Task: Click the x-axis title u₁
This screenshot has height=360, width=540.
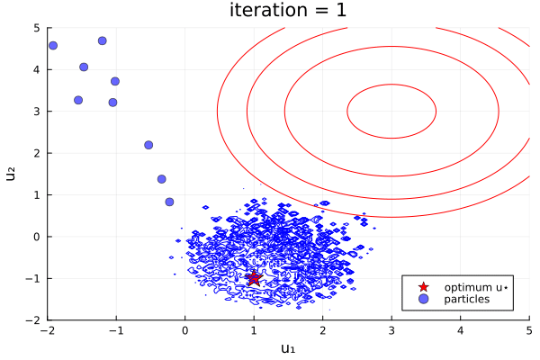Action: tap(288, 348)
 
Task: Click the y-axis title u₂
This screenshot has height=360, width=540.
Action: tap(12, 174)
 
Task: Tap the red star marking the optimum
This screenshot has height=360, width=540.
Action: tap(254, 278)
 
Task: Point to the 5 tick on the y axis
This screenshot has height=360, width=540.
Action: tap(37, 28)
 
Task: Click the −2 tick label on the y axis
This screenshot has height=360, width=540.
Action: tap(33, 319)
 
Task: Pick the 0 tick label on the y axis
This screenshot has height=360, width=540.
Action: tap(37, 237)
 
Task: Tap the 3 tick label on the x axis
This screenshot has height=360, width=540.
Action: tap(391, 330)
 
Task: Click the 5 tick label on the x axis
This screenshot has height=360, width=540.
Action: tap(528, 330)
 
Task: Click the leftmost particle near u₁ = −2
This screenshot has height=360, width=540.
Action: tap(53, 45)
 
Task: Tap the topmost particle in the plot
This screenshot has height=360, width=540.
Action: tap(103, 40)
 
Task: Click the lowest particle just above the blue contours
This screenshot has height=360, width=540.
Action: tap(169, 202)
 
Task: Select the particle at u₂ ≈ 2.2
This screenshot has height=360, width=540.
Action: tap(148, 145)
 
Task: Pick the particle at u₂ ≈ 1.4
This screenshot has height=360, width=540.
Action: tap(162, 179)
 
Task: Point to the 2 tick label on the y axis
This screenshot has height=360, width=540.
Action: tap(37, 153)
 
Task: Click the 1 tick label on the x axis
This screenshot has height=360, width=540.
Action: tap(254, 330)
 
